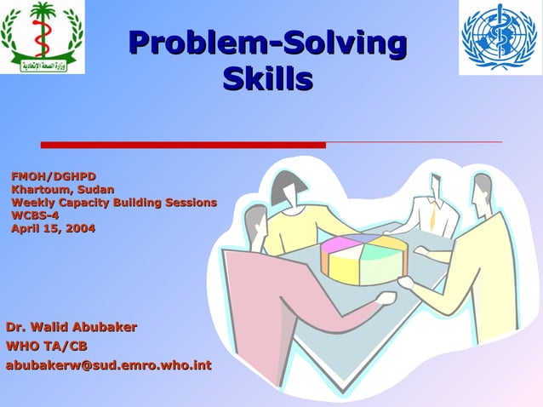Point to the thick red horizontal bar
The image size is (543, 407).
(x=183, y=145)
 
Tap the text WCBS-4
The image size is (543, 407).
(x=35, y=215)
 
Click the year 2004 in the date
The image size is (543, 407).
(x=79, y=228)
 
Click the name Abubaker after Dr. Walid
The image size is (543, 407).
(x=104, y=327)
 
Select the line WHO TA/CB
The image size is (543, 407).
(x=47, y=346)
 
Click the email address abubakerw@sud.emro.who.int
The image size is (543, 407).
(x=109, y=366)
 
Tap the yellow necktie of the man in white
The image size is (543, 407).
(x=432, y=216)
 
